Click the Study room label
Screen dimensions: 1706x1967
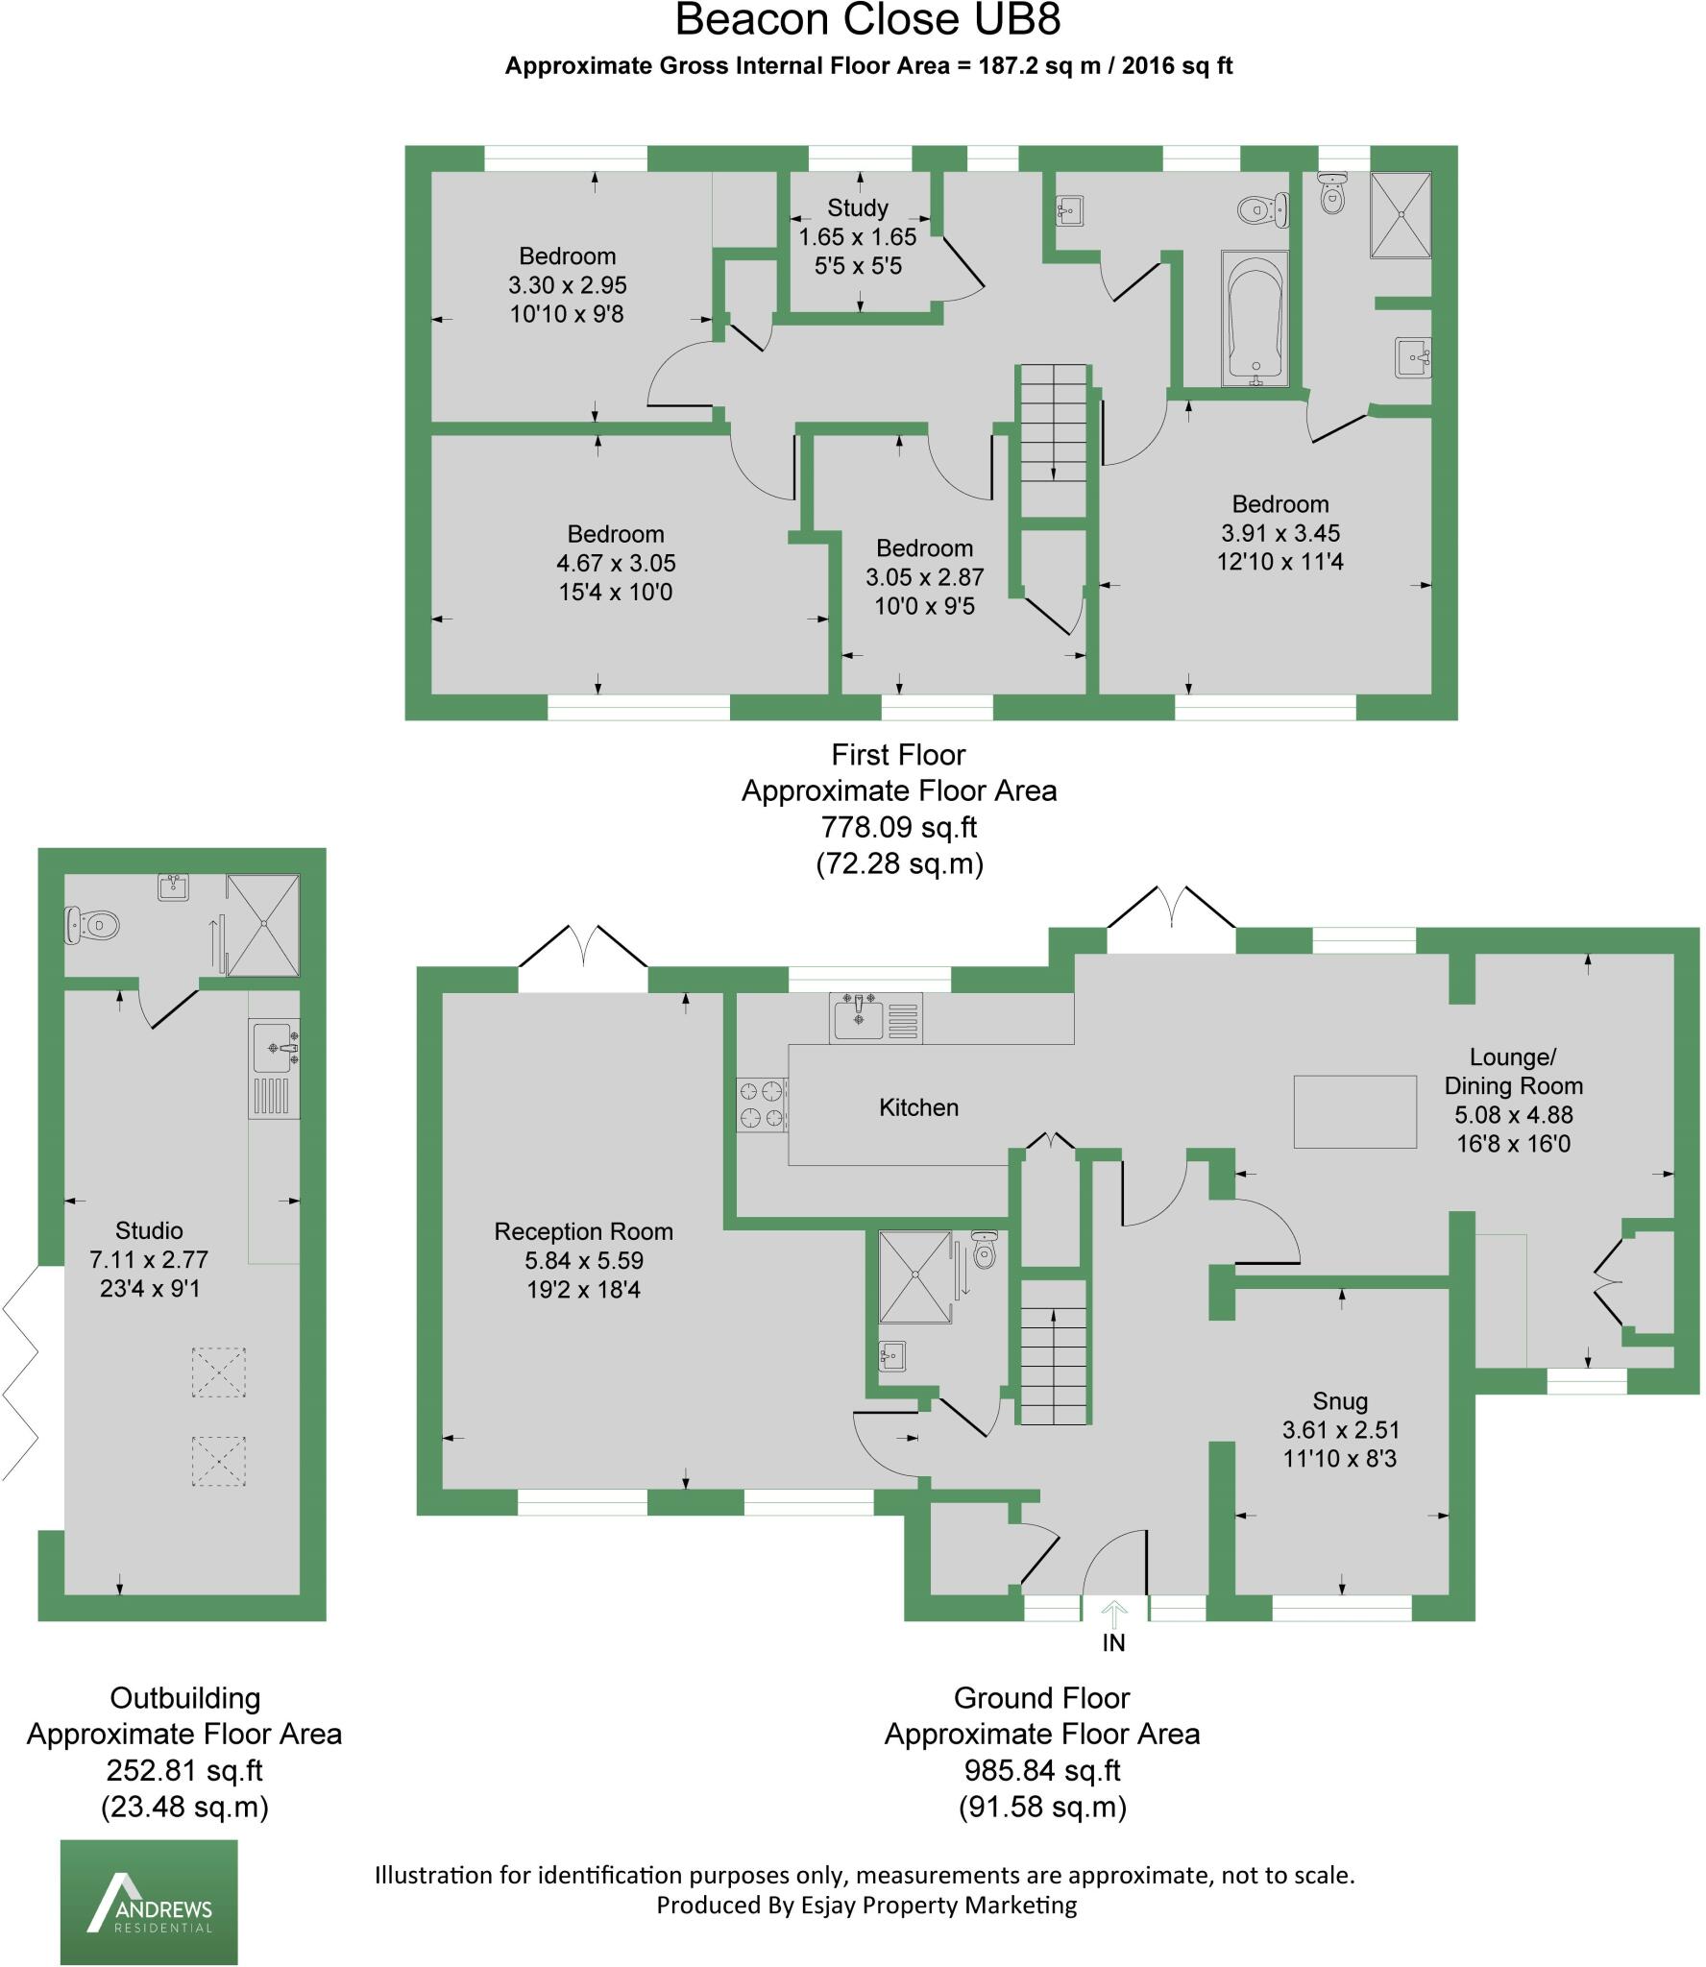pos(858,207)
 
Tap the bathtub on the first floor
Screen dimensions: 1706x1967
pos(1255,318)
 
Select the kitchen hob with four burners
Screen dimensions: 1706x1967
pos(762,1105)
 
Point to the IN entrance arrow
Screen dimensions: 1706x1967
pos(1113,1611)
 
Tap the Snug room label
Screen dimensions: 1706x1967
pos(1340,1401)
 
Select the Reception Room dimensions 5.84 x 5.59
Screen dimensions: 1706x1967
pos(583,1260)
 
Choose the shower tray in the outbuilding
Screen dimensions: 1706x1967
pos(262,924)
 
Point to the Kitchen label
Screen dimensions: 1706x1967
pos(918,1107)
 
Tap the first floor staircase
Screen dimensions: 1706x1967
pos(1054,440)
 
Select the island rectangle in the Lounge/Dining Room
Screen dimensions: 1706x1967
pos(1355,1111)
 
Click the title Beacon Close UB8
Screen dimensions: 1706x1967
pos(868,20)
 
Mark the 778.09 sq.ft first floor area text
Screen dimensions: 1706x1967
pos(899,827)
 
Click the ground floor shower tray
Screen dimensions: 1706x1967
pos(914,1276)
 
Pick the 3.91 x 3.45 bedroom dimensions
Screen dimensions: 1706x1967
pos(1280,533)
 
